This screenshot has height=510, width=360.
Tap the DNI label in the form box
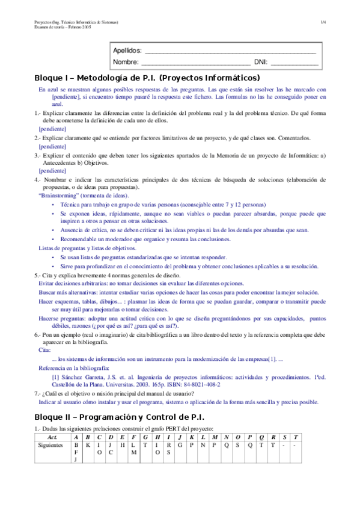click(260, 62)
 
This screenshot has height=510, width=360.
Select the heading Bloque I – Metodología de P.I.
click(147, 78)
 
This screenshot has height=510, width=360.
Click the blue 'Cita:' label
click(44, 349)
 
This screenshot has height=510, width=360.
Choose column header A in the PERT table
click(76, 436)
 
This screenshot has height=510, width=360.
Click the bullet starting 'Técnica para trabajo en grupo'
click(157, 204)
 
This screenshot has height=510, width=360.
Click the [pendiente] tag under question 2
click(52, 146)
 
